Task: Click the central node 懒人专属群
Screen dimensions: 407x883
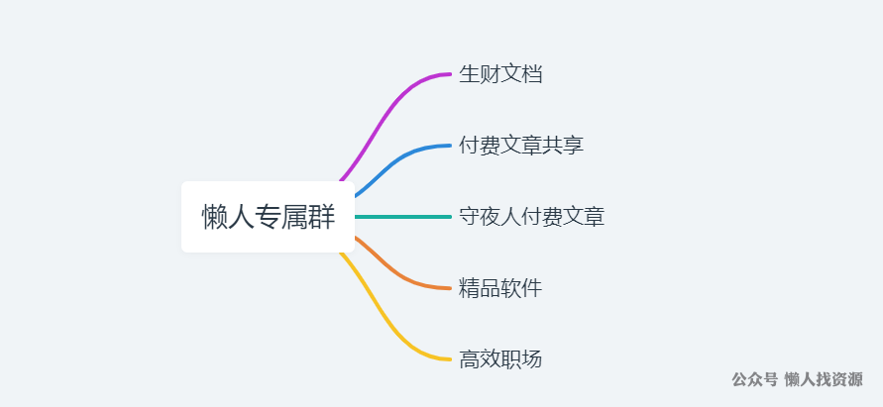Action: click(x=268, y=217)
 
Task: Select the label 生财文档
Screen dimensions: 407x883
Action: click(x=499, y=74)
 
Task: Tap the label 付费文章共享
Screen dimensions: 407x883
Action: click(x=520, y=146)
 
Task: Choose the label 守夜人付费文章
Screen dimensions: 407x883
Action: click(x=531, y=217)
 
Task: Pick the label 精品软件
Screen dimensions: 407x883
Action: click(x=499, y=288)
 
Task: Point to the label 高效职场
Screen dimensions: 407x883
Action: click(x=499, y=359)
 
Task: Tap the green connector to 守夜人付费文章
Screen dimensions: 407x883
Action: click(x=401, y=217)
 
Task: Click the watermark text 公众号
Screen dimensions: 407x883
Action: click(x=754, y=380)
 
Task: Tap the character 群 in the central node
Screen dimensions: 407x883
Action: click(x=321, y=217)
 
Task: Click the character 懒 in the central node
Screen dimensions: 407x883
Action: click(x=215, y=217)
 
